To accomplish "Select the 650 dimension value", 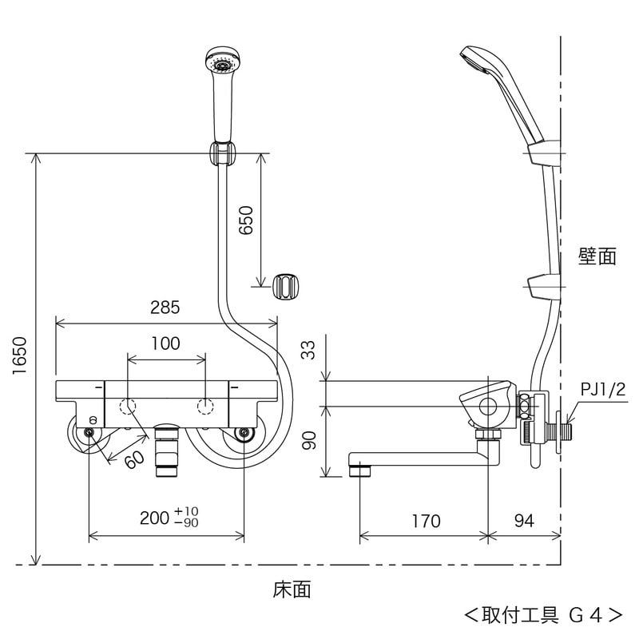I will click(x=246, y=219).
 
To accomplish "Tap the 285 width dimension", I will click(x=165, y=308).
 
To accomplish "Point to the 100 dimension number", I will click(x=165, y=343).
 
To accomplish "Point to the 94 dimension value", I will click(x=523, y=522).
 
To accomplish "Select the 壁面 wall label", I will click(x=597, y=256).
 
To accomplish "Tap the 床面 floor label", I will click(x=292, y=590).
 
